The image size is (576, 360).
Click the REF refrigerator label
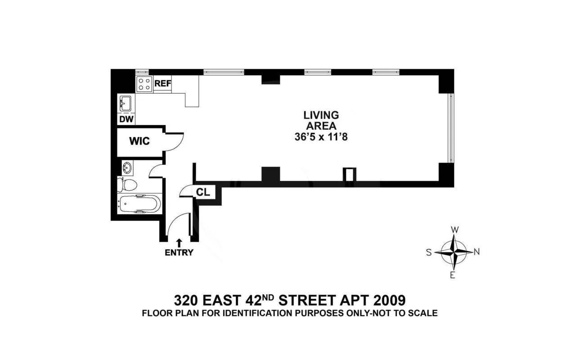coord(162,84)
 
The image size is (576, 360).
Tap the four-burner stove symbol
coord(144,84)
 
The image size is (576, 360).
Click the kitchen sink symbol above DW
coord(125,103)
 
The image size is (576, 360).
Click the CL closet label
coord(202,192)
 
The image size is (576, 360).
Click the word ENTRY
coord(179,252)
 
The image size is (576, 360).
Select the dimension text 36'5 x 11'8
coord(321,138)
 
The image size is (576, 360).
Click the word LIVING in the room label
coord(321,115)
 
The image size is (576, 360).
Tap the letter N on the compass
coord(477,252)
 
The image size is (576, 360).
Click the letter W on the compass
coord(455,230)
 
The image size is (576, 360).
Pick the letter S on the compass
coord(429,252)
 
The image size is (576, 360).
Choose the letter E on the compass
coord(454,275)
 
